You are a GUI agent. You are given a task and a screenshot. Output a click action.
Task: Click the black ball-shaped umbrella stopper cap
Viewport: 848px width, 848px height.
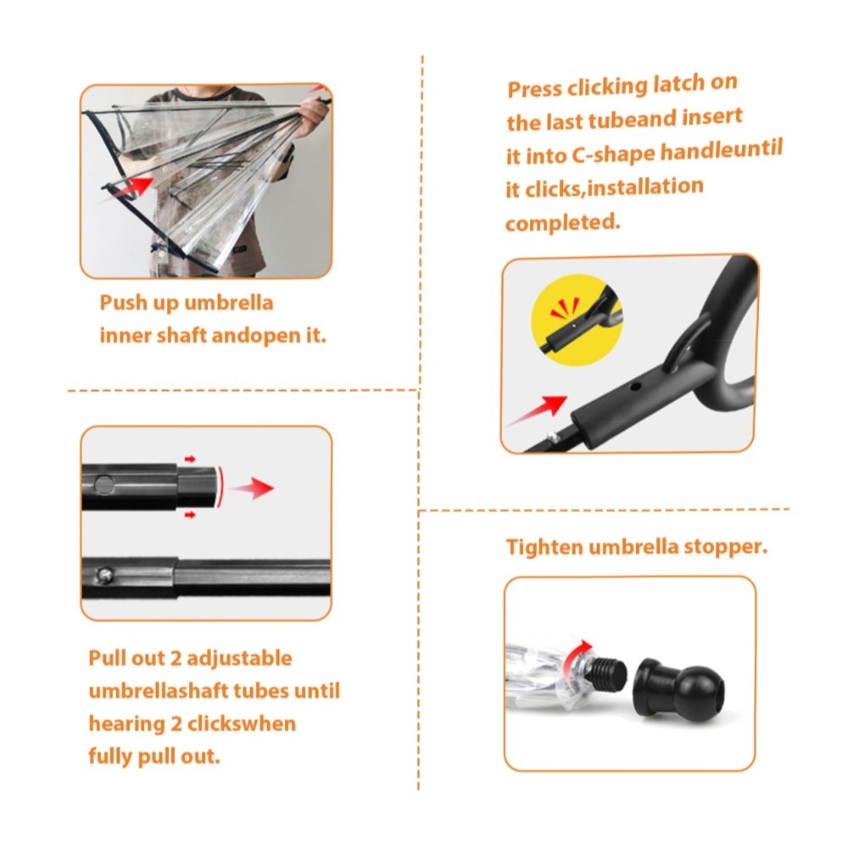679,690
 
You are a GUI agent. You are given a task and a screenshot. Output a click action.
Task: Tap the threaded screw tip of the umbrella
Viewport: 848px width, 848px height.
607,672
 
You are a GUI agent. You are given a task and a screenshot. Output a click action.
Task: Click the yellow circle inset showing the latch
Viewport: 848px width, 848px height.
577,320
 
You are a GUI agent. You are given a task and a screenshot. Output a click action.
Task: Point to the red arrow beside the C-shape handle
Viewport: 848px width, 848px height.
535,411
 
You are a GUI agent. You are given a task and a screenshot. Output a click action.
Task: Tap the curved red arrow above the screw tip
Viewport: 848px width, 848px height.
576,656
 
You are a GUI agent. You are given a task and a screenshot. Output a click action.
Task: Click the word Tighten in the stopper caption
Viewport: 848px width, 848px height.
544,547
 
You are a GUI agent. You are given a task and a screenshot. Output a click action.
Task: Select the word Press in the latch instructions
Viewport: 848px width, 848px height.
534,89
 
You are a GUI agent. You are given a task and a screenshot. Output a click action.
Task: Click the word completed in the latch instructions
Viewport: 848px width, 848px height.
562,222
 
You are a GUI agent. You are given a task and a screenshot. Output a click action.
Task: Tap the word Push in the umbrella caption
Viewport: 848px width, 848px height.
123,303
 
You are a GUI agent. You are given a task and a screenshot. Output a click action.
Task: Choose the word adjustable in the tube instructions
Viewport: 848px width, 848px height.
240,659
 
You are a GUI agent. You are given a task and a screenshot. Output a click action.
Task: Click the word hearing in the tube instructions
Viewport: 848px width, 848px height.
126,725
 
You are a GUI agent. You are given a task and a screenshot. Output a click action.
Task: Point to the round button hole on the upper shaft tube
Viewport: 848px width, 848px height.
103,484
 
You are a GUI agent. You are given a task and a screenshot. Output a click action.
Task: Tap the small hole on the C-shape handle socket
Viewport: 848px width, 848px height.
637,387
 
